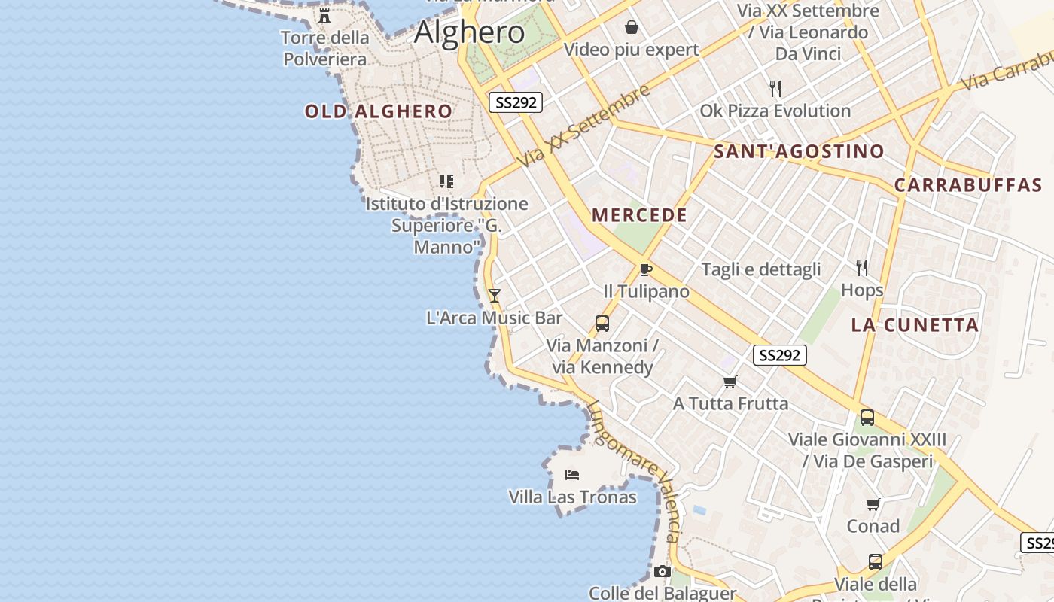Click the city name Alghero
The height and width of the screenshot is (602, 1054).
(x=469, y=32)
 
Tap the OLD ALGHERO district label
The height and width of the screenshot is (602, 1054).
(x=378, y=112)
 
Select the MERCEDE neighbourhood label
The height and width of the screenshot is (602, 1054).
(x=639, y=215)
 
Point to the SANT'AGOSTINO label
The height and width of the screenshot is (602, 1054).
(x=799, y=151)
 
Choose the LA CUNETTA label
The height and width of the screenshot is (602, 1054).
(x=915, y=325)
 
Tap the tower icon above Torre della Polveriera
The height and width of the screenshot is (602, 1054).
(x=324, y=15)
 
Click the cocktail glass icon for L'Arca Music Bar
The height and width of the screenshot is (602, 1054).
(x=494, y=296)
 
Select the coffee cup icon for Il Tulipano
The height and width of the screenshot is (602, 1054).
(x=645, y=269)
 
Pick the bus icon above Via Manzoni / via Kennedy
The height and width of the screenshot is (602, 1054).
(x=602, y=324)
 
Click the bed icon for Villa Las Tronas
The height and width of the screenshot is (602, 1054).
(x=572, y=475)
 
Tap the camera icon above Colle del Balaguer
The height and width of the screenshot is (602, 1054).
(x=662, y=572)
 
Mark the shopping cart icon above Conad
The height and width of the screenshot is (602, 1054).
(x=873, y=504)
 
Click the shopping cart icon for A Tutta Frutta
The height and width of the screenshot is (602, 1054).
(x=730, y=382)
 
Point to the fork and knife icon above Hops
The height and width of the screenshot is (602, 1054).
(x=862, y=267)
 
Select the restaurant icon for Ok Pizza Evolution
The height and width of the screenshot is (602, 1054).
(x=775, y=89)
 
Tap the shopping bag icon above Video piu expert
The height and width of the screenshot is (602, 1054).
(x=631, y=28)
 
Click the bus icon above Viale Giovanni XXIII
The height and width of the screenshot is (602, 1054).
(x=867, y=418)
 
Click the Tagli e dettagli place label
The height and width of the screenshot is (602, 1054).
(x=761, y=269)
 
